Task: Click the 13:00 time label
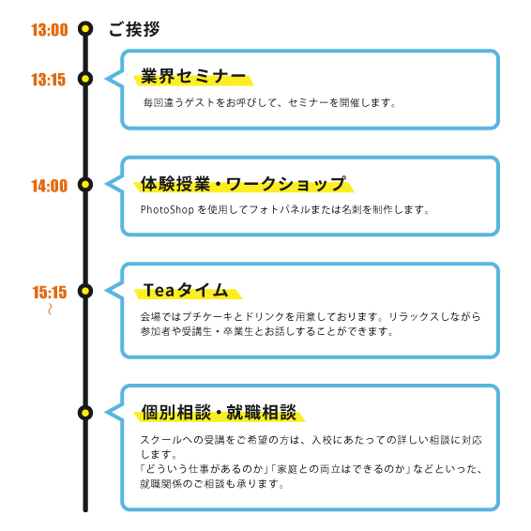(50, 30)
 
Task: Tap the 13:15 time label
(49, 80)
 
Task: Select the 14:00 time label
(50, 186)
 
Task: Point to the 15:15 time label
(50, 293)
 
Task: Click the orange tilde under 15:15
(50, 309)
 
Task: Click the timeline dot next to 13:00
(85, 29)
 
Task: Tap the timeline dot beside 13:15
(85, 79)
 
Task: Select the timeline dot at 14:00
(85, 185)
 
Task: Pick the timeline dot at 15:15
(85, 291)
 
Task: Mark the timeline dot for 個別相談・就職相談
(85, 413)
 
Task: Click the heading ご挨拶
(134, 29)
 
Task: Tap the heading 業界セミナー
(193, 76)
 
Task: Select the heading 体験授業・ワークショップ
(244, 184)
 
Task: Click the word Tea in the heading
(159, 290)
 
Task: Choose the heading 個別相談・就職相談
(219, 413)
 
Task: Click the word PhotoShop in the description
(167, 209)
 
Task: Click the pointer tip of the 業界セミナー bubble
(105, 79)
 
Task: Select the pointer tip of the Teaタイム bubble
(105, 291)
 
